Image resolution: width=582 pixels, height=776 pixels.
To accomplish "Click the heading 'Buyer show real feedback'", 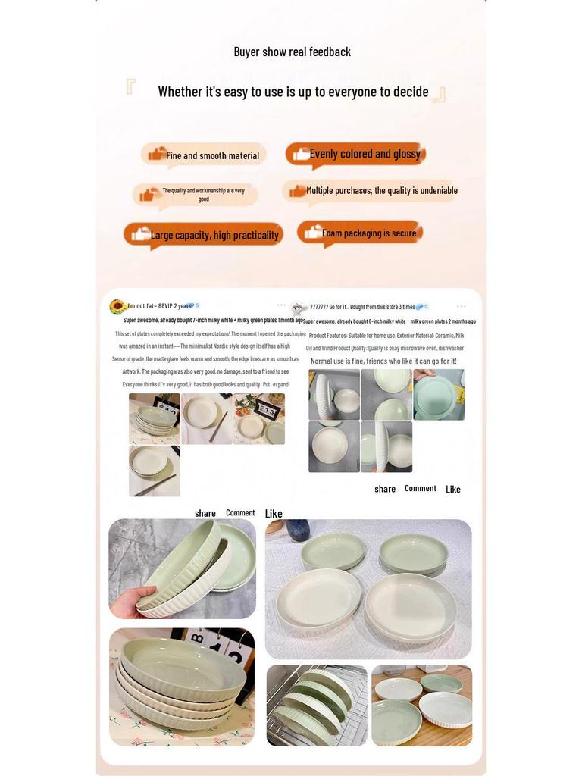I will (292, 52).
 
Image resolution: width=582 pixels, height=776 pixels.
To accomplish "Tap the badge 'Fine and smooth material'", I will (204, 155).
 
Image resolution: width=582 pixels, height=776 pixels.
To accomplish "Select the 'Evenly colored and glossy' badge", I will (355, 154).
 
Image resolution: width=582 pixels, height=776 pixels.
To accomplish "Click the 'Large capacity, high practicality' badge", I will (204, 235).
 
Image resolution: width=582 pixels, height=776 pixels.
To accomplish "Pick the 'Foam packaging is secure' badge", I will (360, 233).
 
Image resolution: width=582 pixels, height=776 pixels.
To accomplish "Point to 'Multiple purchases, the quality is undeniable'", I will (372, 191).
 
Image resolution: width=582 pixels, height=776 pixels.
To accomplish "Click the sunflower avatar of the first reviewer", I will (117, 306).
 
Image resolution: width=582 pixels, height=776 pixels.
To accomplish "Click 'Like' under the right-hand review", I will (453, 490).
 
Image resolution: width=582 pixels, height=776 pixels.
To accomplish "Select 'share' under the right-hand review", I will (385, 490).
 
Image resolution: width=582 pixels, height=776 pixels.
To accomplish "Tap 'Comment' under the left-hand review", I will (240, 513).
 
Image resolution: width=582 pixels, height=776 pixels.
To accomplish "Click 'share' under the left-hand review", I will (205, 514).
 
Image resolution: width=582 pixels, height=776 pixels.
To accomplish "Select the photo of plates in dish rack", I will (317, 706).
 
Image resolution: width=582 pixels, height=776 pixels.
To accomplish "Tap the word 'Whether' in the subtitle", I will (180, 92).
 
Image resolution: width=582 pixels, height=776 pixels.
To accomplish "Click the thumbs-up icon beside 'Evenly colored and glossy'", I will (301, 154).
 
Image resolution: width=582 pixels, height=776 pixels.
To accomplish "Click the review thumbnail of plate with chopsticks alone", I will (155, 471).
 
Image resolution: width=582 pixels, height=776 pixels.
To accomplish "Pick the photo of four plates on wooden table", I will (421, 706).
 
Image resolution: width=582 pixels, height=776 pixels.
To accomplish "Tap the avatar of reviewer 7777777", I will (297, 308).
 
